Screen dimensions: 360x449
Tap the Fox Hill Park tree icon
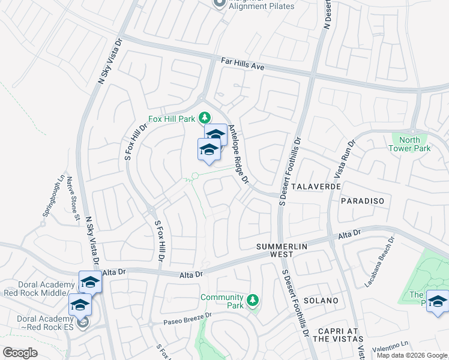click(205, 116)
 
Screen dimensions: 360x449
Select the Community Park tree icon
click(253, 298)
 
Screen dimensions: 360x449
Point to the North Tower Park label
click(409, 143)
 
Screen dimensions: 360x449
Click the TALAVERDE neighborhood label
click(318, 187)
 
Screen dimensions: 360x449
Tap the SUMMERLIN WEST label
click(282, 251)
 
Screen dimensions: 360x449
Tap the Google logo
click(20, 353)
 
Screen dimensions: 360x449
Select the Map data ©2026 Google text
click(411, 355)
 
